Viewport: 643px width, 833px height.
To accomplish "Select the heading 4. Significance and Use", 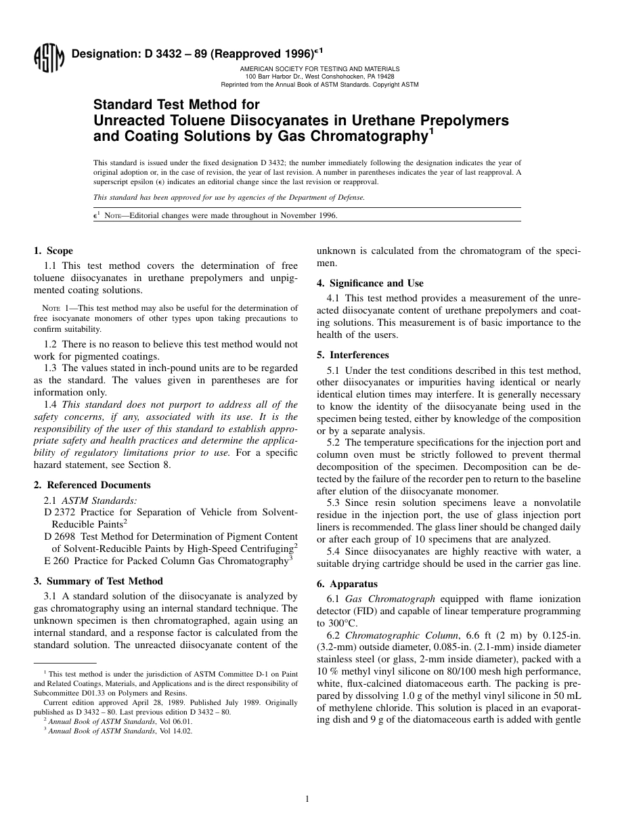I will click(370, 283).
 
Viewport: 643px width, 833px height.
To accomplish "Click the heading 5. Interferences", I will click(353, 355).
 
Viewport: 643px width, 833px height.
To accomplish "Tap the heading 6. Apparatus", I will click(347, 584).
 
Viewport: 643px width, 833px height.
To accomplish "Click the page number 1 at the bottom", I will click(307, 799).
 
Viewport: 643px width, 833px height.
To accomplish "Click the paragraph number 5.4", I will click(334, 552).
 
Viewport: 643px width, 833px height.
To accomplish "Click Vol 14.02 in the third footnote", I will click(177, 731).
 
